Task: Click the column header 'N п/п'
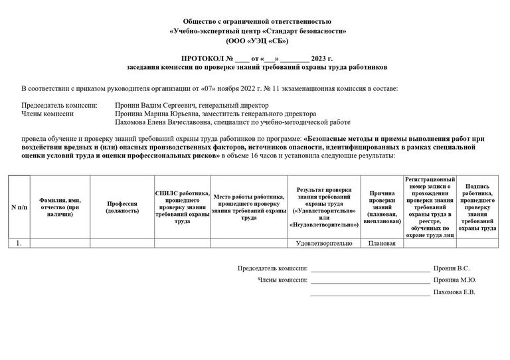coord(19,207)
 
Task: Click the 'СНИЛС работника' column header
coord(182,207)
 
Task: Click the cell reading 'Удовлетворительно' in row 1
coord(324,244)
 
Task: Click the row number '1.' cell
coord(19,244)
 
